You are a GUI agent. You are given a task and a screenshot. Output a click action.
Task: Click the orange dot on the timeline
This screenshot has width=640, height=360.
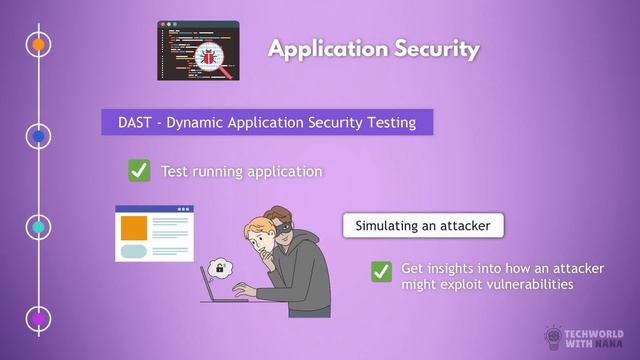tap(38, 45)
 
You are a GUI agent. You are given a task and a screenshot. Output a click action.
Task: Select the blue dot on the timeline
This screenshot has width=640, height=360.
tap(38, 136)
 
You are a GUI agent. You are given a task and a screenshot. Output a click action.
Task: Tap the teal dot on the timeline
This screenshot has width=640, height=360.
tap(38, 227)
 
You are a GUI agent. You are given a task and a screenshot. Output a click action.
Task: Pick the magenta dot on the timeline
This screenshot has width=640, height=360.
tap(38, 318)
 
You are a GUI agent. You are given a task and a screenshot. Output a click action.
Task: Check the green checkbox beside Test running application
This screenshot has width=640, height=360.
tap(139, 171)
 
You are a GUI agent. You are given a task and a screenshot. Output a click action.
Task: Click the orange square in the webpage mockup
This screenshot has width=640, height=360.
tap(134, 227)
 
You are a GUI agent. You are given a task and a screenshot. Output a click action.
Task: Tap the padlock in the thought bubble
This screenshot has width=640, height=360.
tap(219, 268)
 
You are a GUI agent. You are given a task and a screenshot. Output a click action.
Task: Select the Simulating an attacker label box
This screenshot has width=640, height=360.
tap(423, 226)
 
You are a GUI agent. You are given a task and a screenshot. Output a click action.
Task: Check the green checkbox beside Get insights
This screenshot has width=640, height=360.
tap(381, 271)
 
